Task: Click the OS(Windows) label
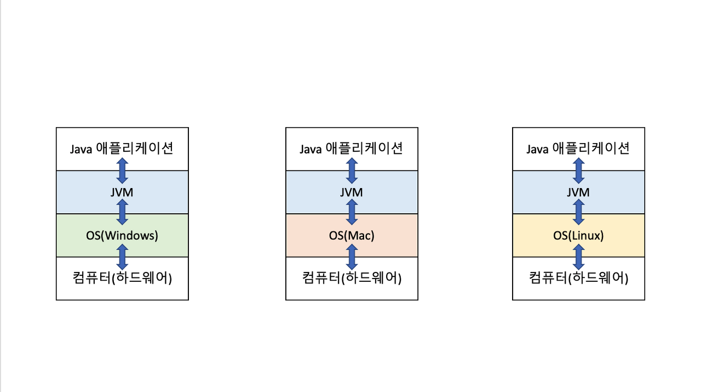[122, 236]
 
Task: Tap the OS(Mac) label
[352, 236]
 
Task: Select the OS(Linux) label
[578, 236]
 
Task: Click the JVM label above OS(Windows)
[122, 192]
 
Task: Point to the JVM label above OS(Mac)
[352, 192]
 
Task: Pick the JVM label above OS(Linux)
[578, 192]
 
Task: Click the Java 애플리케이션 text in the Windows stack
[122, 149]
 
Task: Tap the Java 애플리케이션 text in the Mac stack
[352, 149]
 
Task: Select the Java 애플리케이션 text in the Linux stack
[578, 149]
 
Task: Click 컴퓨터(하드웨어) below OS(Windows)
[122, 278]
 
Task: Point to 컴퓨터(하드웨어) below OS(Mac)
[352, 278]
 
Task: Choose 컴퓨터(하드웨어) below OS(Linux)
[578, 278]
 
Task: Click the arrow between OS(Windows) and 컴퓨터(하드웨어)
[122, 257]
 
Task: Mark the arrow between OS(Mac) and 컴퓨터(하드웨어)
[352, 257]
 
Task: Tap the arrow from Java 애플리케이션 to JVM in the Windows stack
[122, 171]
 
